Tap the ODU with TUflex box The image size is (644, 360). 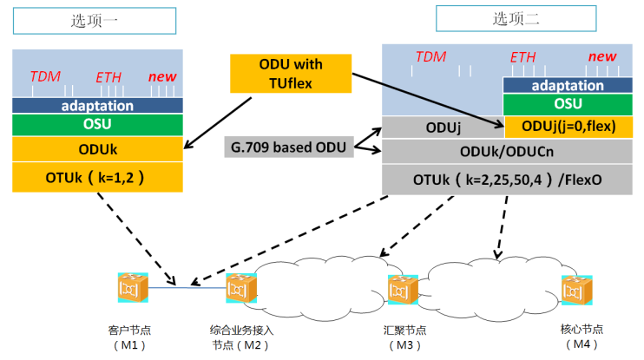click(291, 74)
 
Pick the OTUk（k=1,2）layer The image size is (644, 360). click(97, 178)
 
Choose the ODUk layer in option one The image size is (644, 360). click(97, 149)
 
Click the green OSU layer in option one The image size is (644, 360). click(97, 125)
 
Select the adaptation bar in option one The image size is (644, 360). click(97, 106)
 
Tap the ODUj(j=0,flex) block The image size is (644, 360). click(568, 127)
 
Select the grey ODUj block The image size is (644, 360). click(443, 127)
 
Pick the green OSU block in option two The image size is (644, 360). click(568, 104)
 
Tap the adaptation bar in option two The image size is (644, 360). click(568, 85)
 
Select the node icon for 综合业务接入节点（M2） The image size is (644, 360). click(239, 288)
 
